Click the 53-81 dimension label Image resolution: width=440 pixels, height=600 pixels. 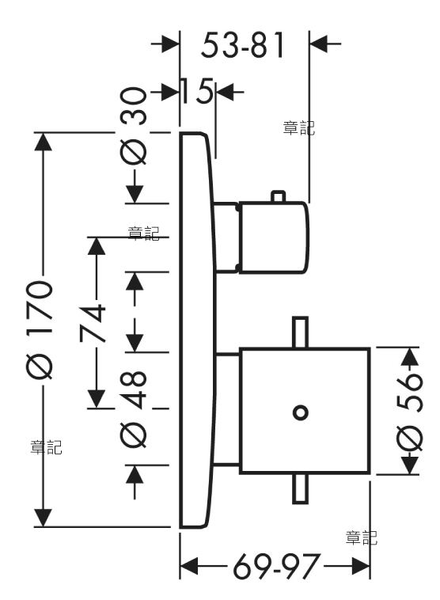click(243, 45)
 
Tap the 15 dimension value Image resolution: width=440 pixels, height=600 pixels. click(196, 91)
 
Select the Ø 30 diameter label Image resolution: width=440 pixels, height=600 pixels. click(134, 126)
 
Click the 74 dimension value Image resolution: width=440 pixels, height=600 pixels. click(93, 322)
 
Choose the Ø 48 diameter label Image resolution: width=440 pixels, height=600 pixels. click(134, 409)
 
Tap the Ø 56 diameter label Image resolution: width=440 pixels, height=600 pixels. click(410, 412)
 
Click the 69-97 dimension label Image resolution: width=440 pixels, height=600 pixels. click(276, 566)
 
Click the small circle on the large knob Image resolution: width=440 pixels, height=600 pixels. click(301, 413)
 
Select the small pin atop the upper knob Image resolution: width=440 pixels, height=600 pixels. click(278, 196)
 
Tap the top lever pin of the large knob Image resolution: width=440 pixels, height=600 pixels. click(301, 332)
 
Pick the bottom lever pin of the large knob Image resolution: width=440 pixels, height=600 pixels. click(301, 488)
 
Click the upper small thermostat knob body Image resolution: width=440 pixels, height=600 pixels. click(273, 237)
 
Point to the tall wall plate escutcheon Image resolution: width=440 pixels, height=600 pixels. click(198, 331)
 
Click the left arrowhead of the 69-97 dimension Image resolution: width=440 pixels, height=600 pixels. click(189, 566)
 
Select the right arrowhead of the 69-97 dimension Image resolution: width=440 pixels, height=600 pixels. click(361, 566)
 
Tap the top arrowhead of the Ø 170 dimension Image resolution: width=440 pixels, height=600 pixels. click(43, 142)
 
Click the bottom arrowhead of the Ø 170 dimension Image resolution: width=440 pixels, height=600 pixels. click(43, 518)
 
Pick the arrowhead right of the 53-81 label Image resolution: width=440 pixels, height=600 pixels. click(319, 44)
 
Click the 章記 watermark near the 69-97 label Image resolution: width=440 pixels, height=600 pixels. click(361, 537)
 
